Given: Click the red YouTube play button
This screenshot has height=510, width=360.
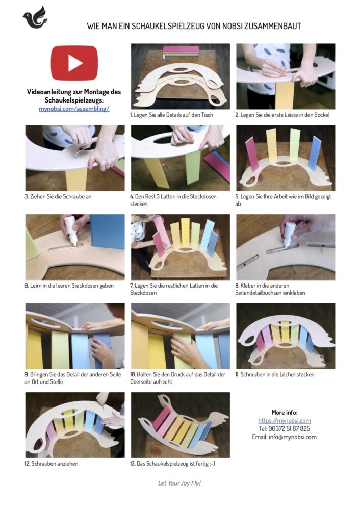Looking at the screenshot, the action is (x=74, y=63).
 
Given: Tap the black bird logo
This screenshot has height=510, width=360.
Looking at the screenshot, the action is (x=35, y=17).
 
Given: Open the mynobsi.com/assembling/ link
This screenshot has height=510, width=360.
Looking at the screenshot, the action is (x=74, y=109).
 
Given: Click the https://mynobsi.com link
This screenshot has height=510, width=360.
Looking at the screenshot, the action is (x=284, y=421).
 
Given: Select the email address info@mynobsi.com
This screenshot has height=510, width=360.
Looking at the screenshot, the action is (x=292, y=437).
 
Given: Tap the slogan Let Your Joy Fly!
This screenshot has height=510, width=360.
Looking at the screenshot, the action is (x=179, y=483).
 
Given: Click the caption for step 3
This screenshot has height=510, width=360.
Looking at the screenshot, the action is (x=58, y=196).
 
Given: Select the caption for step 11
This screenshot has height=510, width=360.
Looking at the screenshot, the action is (x=275, y=374).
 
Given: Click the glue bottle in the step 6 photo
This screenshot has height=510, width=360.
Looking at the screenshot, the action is (x=71, y=231).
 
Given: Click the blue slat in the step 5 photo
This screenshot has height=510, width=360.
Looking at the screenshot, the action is (x=314, y=154).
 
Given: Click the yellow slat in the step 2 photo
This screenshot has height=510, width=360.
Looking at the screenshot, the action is (x=285, y=95).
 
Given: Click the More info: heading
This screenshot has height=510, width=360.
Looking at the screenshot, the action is (x=284, y=412).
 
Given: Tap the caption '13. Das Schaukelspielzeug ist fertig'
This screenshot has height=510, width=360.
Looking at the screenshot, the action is (x=172, y=463).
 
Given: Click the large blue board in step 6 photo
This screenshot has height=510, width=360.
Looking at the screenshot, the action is (x=107, y=232).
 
